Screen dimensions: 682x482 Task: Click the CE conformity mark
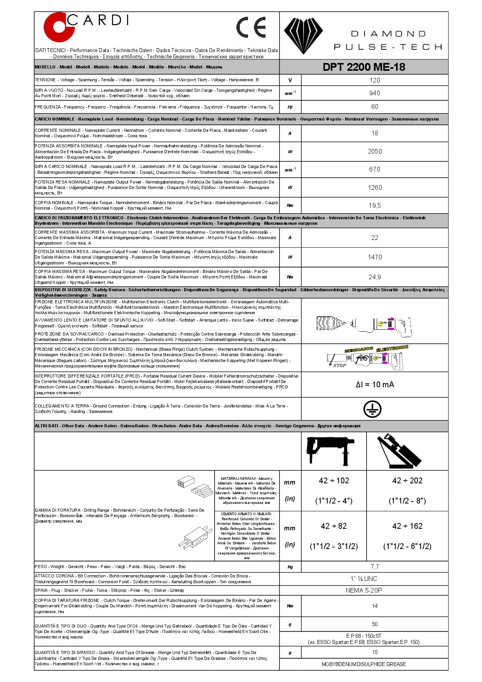[251, 27]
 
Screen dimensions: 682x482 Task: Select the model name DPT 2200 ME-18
[364, 67]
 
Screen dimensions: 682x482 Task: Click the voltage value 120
[375, 80]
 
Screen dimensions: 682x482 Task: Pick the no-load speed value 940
[375, 93]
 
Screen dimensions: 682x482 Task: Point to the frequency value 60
[375, 107]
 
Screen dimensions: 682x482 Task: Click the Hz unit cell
[290, 107]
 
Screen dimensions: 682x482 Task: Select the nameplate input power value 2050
[375, 151]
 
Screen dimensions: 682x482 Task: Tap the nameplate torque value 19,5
[375, 205]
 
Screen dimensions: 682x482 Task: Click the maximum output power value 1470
[375, 257]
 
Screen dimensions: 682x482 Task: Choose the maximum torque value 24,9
[375, 277]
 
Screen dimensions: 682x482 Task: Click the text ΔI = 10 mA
[375, 385]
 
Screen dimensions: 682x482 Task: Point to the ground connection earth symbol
[372, 409]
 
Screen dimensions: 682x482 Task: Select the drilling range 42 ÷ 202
[407, 481]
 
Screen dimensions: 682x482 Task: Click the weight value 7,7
[375, 567]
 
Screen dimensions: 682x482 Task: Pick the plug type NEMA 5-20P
[364, 590]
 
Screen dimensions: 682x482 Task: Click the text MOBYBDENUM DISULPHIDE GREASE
[364, 664]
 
